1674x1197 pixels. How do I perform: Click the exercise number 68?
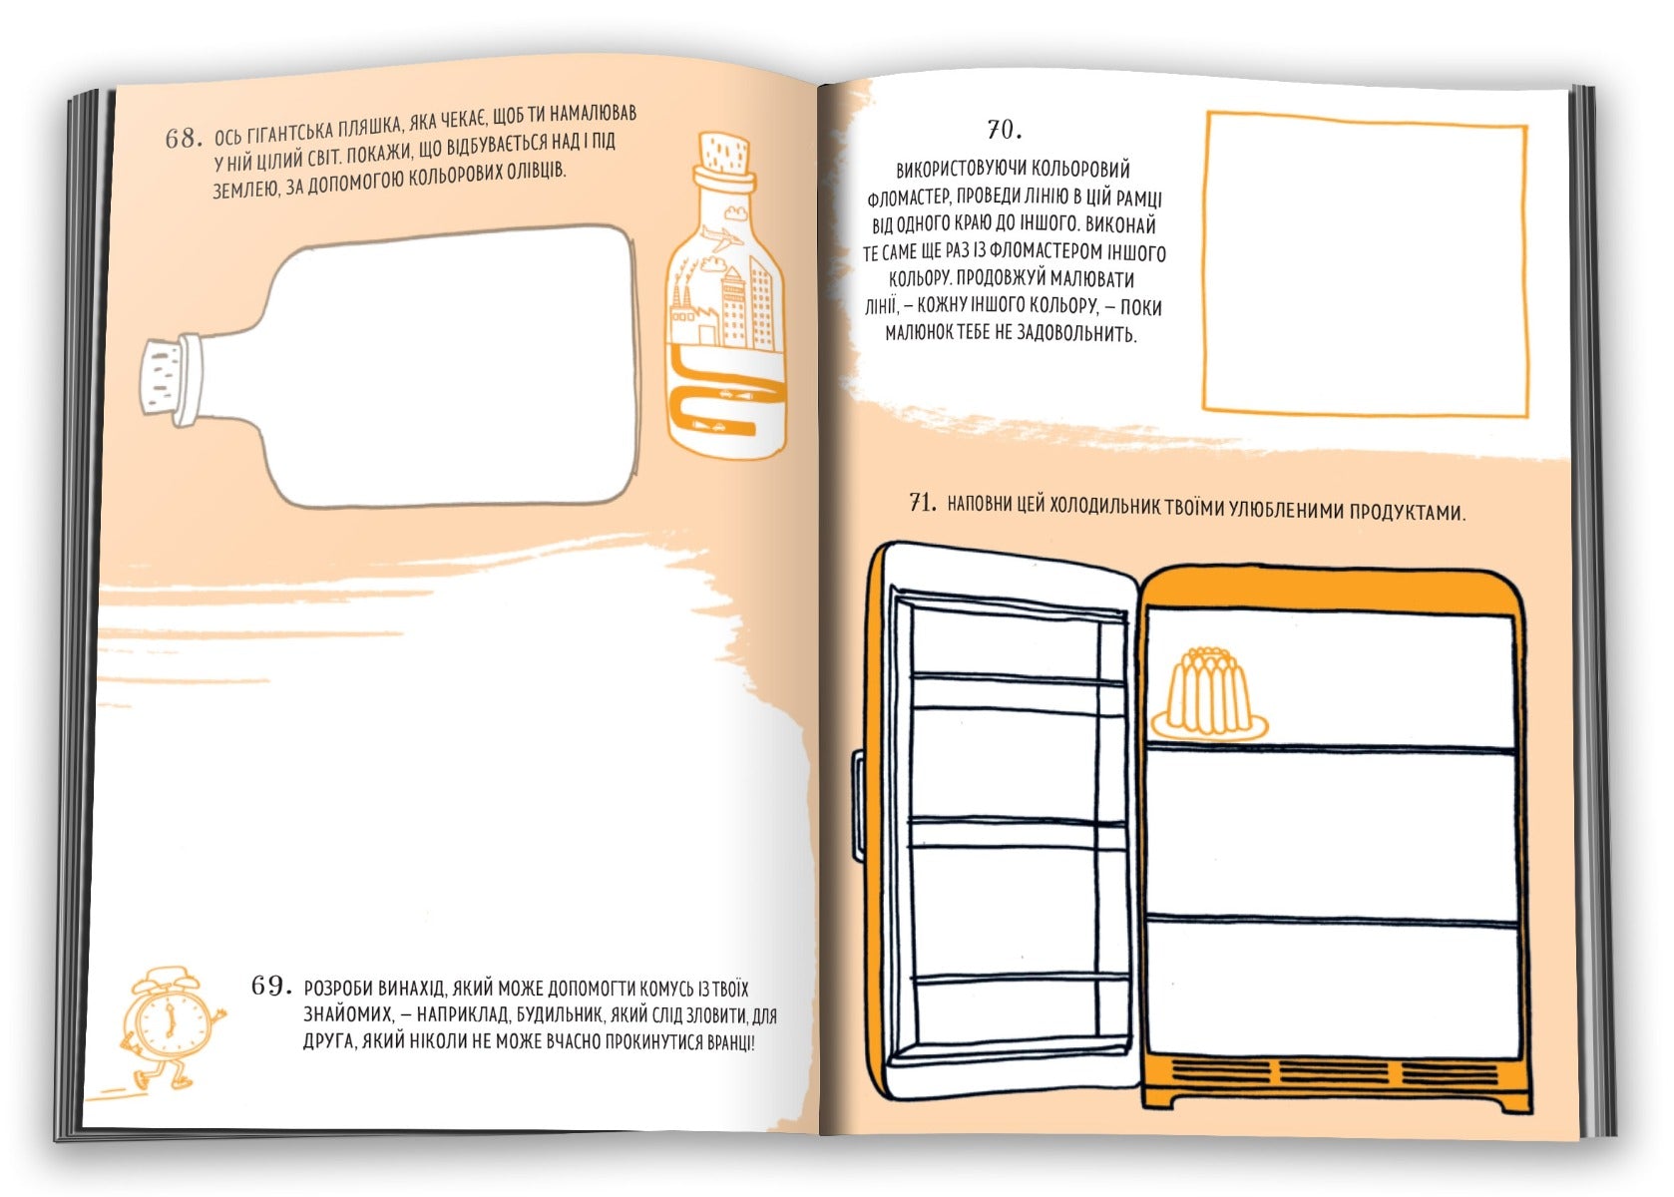point(184,139)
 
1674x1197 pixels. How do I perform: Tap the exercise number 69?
point(270,987)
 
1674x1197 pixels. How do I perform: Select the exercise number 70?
point(1005,130)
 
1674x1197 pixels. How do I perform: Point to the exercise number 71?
point(923,502)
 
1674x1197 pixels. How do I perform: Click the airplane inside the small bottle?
point(722,239)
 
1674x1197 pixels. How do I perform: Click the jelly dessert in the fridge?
point(1208,695)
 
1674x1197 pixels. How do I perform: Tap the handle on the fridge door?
point(859,807)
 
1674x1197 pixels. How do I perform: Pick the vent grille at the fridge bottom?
point(1335,1073)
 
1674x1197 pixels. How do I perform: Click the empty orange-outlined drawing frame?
point(1205,261)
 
